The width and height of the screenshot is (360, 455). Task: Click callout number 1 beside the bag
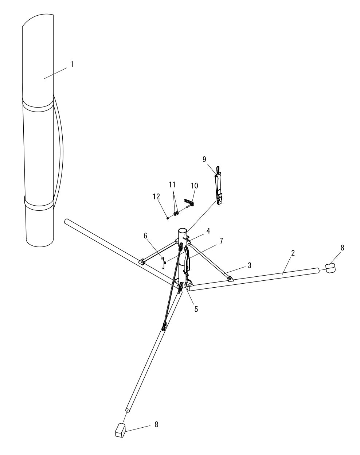pos(72,64)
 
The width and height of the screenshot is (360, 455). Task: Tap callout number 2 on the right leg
pos(293,253)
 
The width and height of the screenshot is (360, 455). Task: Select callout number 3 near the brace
pos(249,265)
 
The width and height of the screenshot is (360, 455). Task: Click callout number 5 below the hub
pos(196,309)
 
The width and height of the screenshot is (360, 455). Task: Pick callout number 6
pos(145,236)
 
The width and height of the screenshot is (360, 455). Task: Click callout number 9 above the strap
pos(204,159)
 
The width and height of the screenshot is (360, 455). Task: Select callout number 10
pos(195,186)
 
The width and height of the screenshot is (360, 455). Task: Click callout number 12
pos(157,197)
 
